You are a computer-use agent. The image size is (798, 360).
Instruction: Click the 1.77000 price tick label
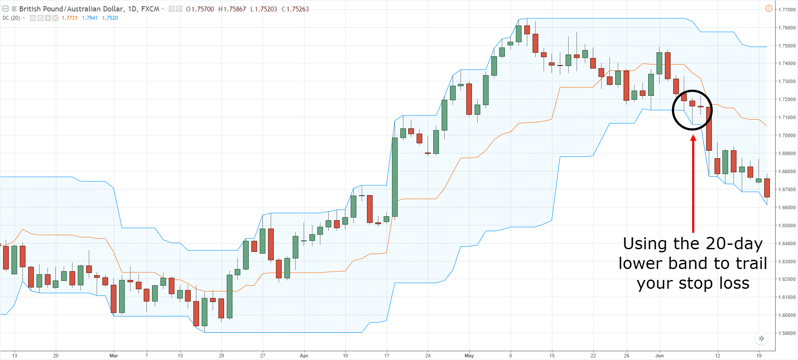click(787, 10)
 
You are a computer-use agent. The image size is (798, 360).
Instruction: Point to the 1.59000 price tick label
click(787, 333)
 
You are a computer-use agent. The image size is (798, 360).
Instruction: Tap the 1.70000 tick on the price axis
click(787, 135)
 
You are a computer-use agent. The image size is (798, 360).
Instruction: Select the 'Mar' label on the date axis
click(114, 356)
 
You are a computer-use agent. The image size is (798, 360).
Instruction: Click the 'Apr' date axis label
click(304, 356)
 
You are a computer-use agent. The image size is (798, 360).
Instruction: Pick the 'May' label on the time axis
click(469, 356)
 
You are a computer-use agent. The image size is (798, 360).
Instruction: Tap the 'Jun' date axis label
click(660, 356)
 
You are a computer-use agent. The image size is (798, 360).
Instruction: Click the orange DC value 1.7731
click(69, 18)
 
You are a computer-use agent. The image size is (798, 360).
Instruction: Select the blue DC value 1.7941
click(90, 18)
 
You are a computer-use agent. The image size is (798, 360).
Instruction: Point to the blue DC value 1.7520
click(110, 18)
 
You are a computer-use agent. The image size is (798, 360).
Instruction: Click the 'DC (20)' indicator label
click(11, 18)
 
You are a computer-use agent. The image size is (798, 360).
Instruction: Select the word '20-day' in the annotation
click(734, 244)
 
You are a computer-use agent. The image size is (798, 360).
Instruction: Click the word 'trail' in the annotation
click(752, 263)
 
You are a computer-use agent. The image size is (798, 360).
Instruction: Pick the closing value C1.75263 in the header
click(295, 9)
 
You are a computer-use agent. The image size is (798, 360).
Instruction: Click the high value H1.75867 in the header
click(232, 9)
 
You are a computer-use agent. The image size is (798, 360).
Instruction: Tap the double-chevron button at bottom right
click(762, 338)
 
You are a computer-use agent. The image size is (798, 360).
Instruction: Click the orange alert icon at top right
click(769, 8)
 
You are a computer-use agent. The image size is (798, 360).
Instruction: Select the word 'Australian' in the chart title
click(87, 9)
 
